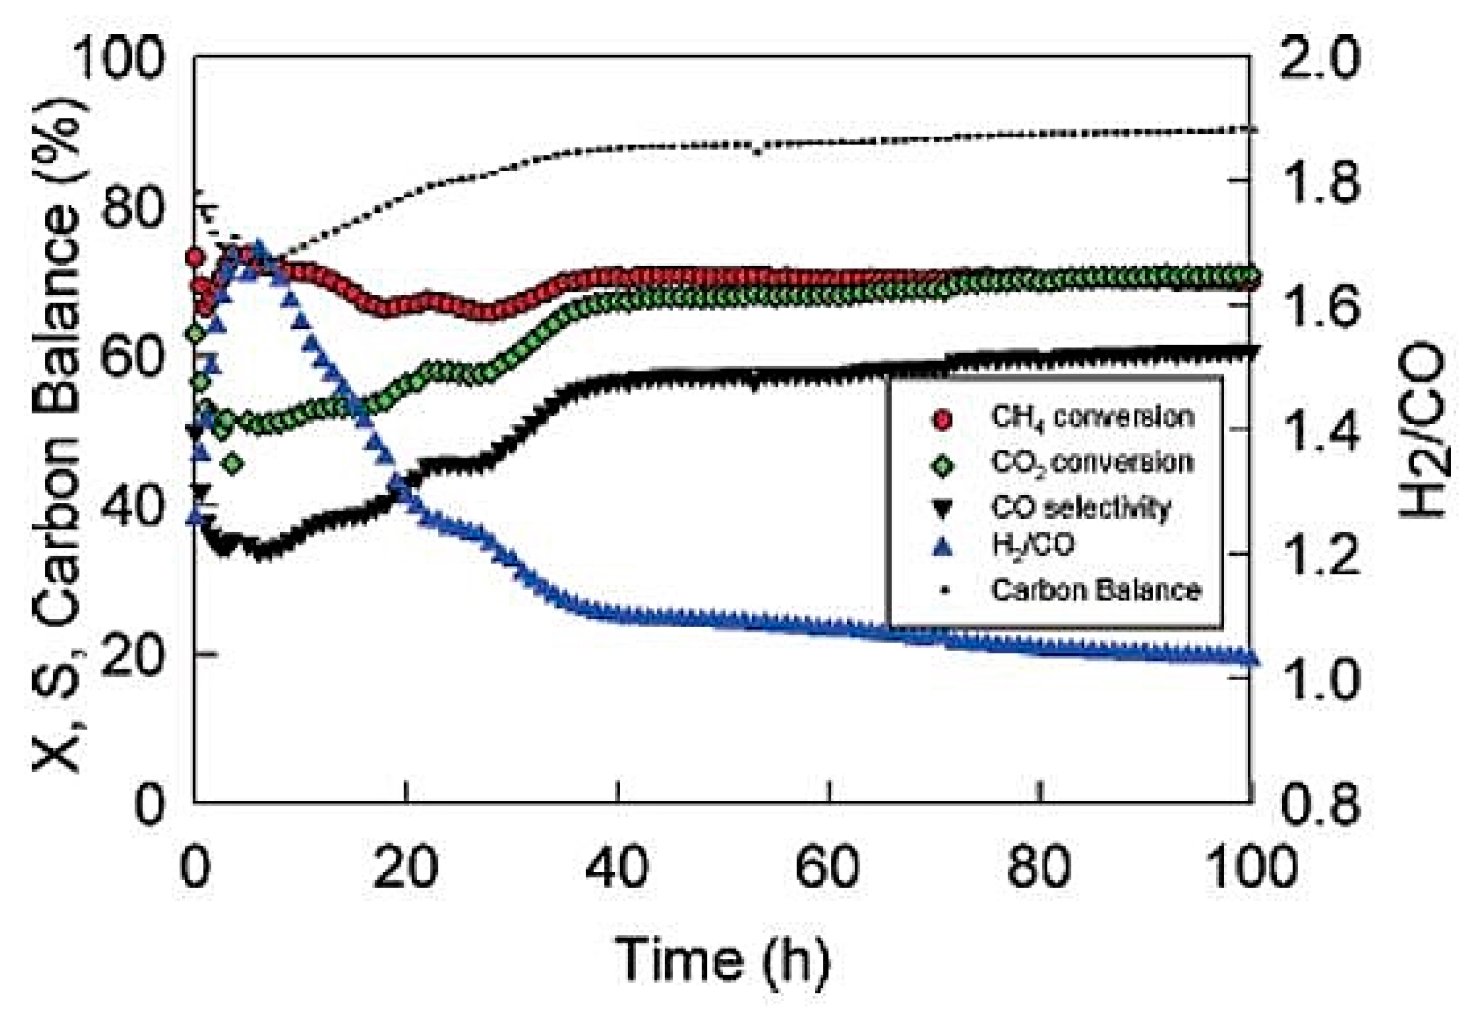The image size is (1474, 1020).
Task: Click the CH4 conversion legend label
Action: point(1092,418)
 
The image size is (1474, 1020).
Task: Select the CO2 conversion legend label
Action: point(1092,462)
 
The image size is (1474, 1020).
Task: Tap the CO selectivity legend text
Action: point(1080,508)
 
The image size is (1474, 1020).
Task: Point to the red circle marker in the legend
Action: point(943,419)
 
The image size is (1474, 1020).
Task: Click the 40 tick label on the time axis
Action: point(617,868)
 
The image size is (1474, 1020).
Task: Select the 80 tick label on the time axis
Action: point(1039,868)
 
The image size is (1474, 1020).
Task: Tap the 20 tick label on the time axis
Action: point(406,868)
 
